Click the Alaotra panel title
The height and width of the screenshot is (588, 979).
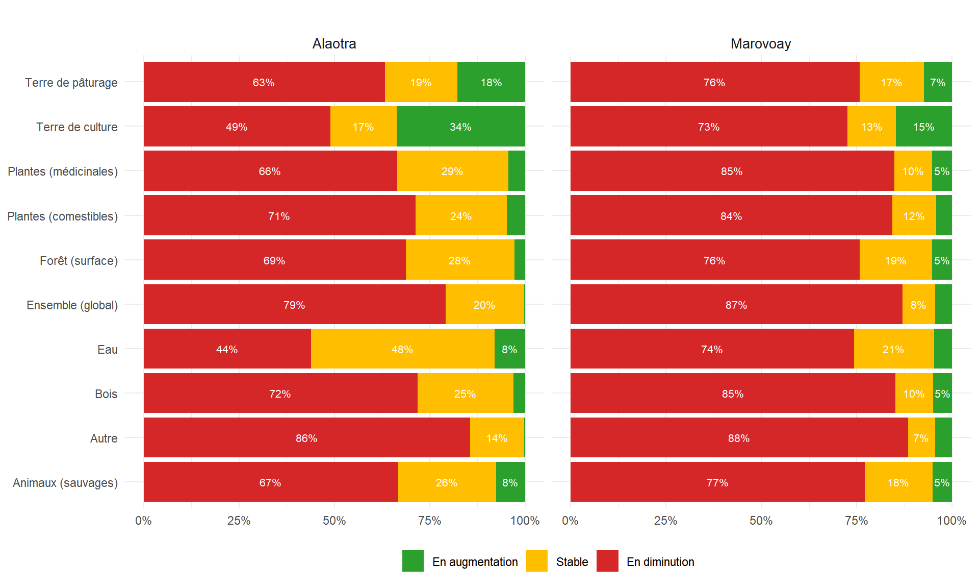coord(334,44)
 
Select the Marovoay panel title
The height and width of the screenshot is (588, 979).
coord(760,44)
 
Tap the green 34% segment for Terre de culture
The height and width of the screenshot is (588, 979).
coord(460,127)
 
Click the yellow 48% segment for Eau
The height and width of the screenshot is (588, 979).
coord(402,349)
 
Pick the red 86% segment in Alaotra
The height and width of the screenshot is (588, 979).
coord(306,438)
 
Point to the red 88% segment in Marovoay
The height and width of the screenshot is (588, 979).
coord(739,438)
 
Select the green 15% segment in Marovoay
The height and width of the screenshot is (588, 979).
coord(923,127)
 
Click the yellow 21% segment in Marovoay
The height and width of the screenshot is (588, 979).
coord(893,349)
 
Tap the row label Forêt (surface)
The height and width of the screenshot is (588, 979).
coord(79,261)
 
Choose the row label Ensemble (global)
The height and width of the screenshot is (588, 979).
coord(72,305)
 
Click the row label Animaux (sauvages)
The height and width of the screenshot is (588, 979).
coord(65,483)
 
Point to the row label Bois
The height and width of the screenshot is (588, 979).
coord(106,394)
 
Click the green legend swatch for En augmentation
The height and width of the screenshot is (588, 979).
coord(413,561)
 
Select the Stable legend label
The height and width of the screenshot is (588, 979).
coord(572,562)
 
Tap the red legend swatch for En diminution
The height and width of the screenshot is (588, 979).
coord(607,561)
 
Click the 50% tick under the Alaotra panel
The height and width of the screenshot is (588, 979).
coord(334,521)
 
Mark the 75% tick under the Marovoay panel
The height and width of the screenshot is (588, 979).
coord(856,521)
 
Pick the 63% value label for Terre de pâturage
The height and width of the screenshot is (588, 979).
coord(264,83)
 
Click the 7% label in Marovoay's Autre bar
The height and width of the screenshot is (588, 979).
coord(921,438)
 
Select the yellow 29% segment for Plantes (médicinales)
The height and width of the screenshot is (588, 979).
coord(452,171)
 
